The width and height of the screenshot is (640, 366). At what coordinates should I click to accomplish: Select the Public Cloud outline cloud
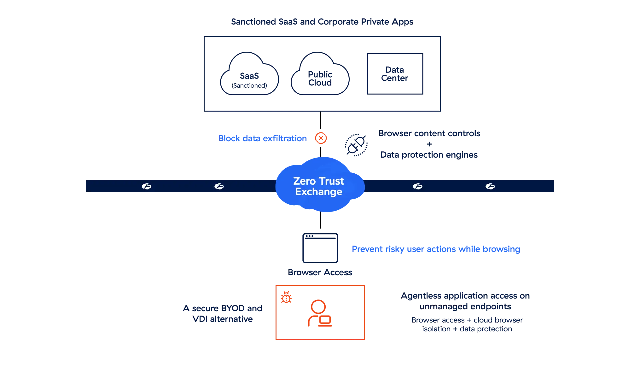(320, 75)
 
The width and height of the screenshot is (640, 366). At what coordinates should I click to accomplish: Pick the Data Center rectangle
(395, 73)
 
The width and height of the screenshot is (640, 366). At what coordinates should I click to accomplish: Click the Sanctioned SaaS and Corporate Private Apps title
(321, 22)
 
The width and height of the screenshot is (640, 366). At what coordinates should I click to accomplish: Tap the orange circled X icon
(321, 138)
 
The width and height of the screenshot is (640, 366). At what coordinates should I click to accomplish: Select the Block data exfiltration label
(262, 138)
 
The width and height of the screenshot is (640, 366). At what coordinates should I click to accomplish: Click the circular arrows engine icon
(356, 145)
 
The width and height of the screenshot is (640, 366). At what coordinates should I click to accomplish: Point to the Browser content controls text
(430, 134)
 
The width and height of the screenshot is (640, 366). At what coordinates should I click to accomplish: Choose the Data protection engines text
(429, 155)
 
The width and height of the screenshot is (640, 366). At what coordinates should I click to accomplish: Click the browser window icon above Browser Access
(320, 248)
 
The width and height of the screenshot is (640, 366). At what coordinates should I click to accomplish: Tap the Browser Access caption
(320, 273)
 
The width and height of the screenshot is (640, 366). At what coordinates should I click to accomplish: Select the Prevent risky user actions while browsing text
(436, 249)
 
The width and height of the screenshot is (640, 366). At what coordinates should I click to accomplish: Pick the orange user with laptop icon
(319, 314)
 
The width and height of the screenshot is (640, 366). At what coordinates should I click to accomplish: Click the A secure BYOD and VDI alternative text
(223, 313)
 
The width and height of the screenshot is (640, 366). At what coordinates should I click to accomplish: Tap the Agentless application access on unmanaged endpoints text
(465, 301)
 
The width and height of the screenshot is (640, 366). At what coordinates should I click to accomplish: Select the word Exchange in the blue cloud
(319, 192)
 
